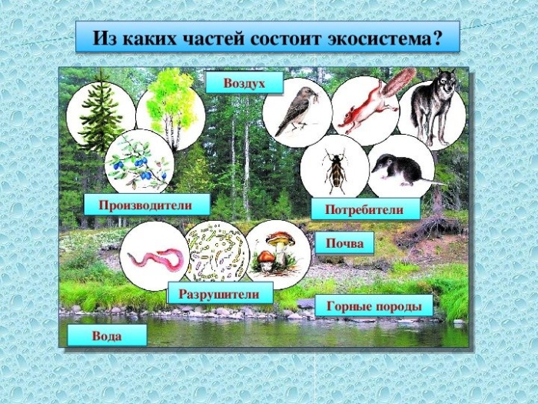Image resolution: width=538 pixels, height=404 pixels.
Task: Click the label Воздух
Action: [x=244, y=82]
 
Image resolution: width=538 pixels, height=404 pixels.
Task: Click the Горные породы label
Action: [x=374, y=306]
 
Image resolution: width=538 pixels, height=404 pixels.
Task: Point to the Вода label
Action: [x=106, y=336]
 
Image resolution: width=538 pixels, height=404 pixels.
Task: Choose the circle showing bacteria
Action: [x=217, y=252]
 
